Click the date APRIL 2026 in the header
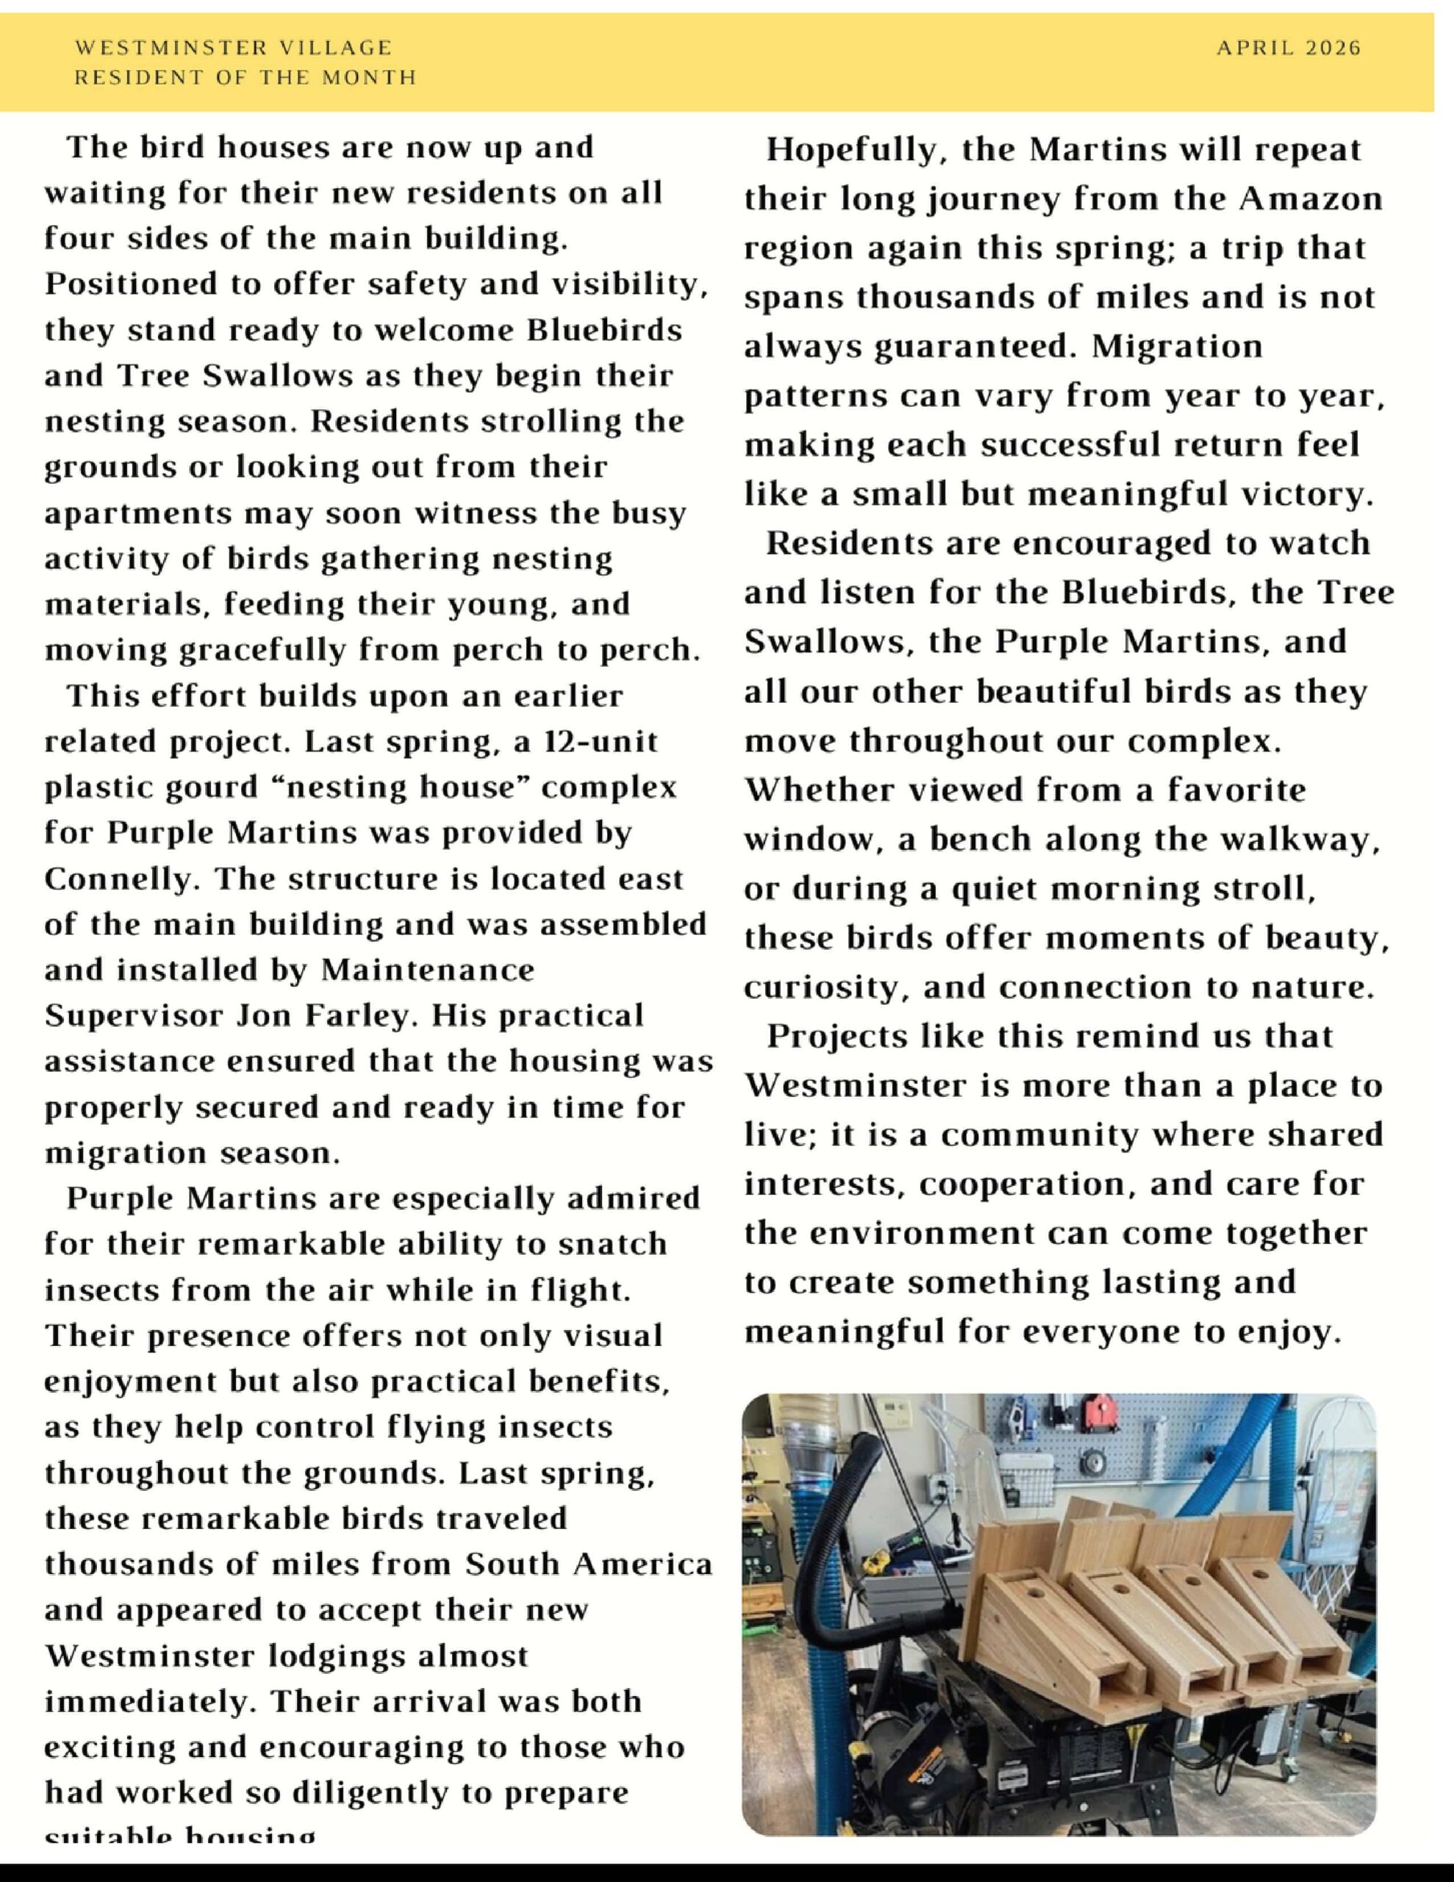tap(1288, 49)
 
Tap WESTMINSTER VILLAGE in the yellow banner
tap(234, 49)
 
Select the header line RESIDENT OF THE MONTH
tap(246, 77)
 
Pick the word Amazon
tap(1311, 199)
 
